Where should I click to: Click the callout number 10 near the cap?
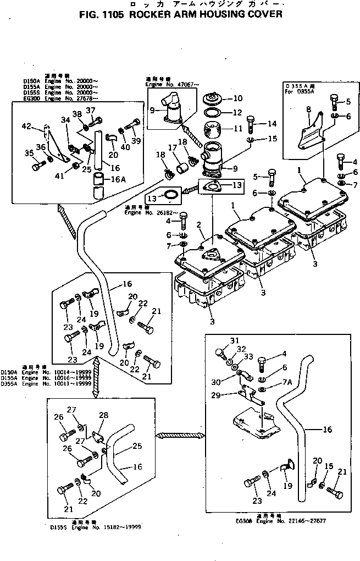click(x=237, y=99)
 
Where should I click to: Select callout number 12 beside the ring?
click(x=237, y=113)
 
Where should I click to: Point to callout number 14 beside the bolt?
click(x=272, y=124)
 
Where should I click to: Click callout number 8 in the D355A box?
click(x=308, y=109)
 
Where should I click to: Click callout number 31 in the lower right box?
click(x=235, y=339)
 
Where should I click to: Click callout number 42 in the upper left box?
click(x=26, y=127)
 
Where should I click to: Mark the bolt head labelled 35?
click(x=37, y=164)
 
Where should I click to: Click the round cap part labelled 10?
click(x=211, y=101)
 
